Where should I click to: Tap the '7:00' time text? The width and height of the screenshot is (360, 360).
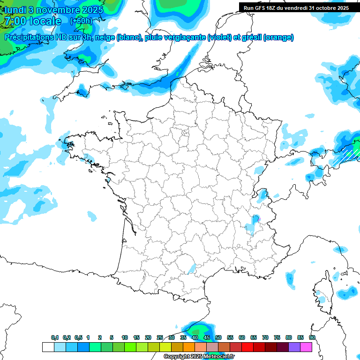(x=15, y=21)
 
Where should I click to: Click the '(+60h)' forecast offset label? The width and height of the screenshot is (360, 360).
(x=81, y=21)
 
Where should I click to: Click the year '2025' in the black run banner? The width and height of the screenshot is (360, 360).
(x=341, y=8)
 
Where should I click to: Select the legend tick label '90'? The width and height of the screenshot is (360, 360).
(x=312, y=337)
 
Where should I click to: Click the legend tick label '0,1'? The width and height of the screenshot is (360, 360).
(x=55, y=337)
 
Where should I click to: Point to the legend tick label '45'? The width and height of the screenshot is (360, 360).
(x=207, y=337)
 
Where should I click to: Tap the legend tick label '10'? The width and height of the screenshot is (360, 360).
(x=125, y=337)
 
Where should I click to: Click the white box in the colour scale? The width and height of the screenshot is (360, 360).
(x=48, y=347)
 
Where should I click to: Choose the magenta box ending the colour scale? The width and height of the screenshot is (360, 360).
(x=306, y=347)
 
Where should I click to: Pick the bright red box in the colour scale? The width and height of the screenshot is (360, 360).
(x=247, y=347)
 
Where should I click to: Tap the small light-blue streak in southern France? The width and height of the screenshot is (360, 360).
(x=192, y=268)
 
